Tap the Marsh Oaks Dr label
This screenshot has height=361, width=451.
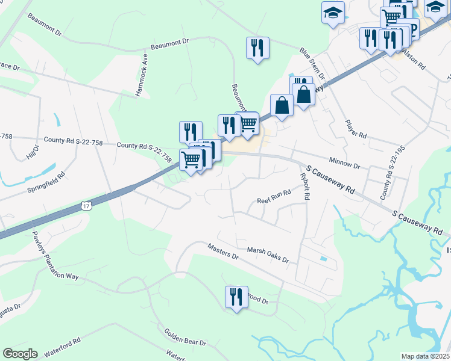point(268,255)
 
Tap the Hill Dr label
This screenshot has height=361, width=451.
point(32,152)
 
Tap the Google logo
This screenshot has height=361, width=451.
point(20,354)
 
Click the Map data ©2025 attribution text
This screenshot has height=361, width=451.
point(426,356)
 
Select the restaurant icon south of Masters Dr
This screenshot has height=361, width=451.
point(236,297)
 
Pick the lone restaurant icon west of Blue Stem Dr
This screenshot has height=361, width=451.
point(257,49)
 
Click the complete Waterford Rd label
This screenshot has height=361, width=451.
point(61,347)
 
